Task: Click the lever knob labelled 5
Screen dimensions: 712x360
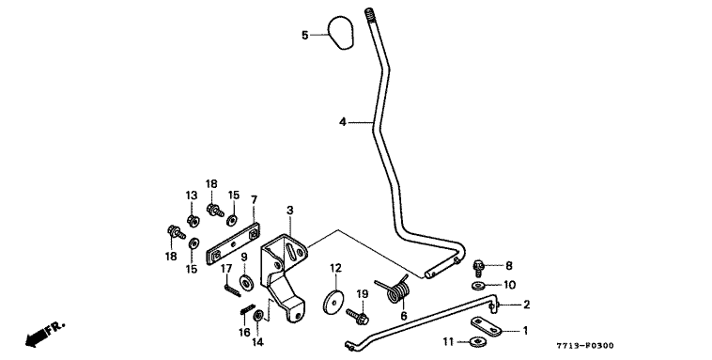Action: click(341, 33)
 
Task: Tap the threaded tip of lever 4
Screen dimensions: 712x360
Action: click(369, 14)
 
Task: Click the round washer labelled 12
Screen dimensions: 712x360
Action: click(334, 302)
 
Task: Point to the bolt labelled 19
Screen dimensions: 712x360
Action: click(358, 316)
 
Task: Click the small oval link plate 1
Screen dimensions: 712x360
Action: click(486, 326)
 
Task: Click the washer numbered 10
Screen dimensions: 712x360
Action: click(478, 286)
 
